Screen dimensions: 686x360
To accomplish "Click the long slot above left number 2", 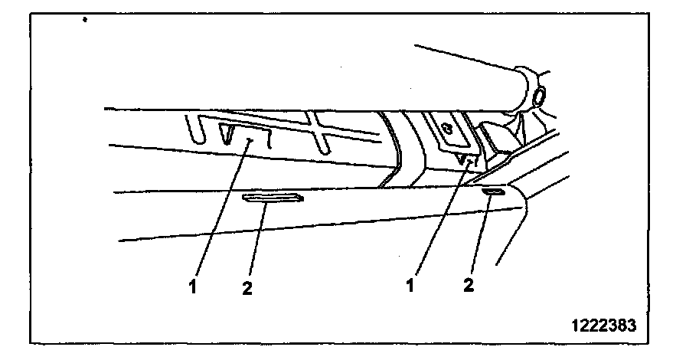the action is [x=272, y=199].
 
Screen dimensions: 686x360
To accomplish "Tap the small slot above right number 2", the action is [x=493, y=192].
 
